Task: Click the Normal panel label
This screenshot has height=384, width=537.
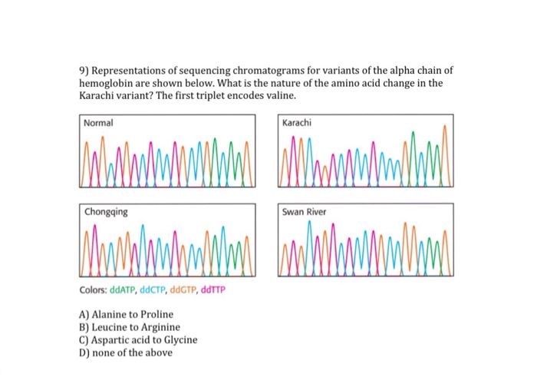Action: pyautogui.click(x=98, y=123)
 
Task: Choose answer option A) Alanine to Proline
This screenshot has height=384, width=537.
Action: pyautogui.click(x=126, y=314)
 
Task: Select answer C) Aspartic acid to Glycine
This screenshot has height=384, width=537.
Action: pyautogui.click(x=137, y=339)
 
